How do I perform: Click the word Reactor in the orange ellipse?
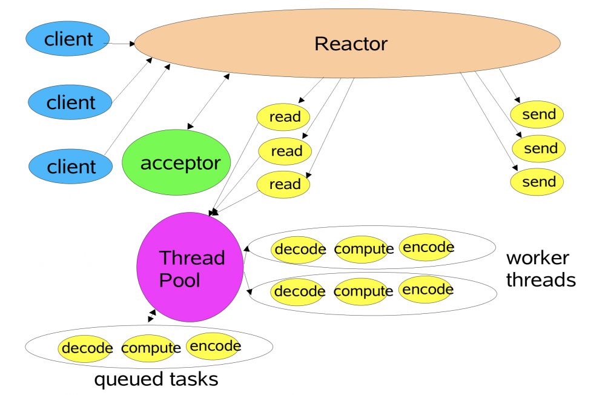(x=351, y=44)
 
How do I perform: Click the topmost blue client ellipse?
(x=68, y=39)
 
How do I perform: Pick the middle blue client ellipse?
(x=71, y=102)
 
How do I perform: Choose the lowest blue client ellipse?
(x=71, y=166)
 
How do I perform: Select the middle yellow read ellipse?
(x=285, y=151)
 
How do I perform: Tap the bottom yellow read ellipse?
(x=284, y=184)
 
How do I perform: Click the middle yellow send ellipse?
(x=539, y=148)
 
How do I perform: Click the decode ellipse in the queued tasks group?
(x=87, y=348)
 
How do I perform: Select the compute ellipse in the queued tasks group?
(x=150, y=348)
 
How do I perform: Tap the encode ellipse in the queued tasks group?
(x=214, y=346)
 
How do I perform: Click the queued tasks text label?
(x=156, y=380)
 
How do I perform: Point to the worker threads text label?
(x=540, y=268)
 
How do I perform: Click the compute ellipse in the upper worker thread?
(x=363, y=249)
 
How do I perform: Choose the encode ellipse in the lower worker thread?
(x=427, y=290)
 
